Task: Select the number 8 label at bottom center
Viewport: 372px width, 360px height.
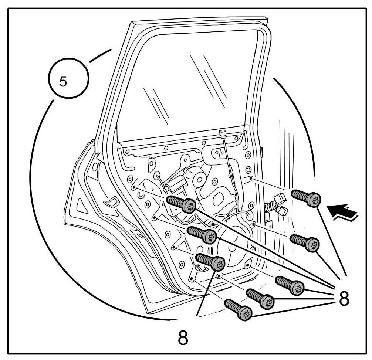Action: [x=183, y=337]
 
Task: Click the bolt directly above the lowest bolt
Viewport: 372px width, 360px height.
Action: [x=261, y=298]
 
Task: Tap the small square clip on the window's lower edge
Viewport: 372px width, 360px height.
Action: [x=223, y=134]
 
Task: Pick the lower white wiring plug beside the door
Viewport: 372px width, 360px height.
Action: [x=284, y=211]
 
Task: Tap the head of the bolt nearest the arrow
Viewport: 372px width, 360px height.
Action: [x=315, y=200]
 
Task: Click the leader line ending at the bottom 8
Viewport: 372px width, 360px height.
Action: [x=204, y=292]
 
